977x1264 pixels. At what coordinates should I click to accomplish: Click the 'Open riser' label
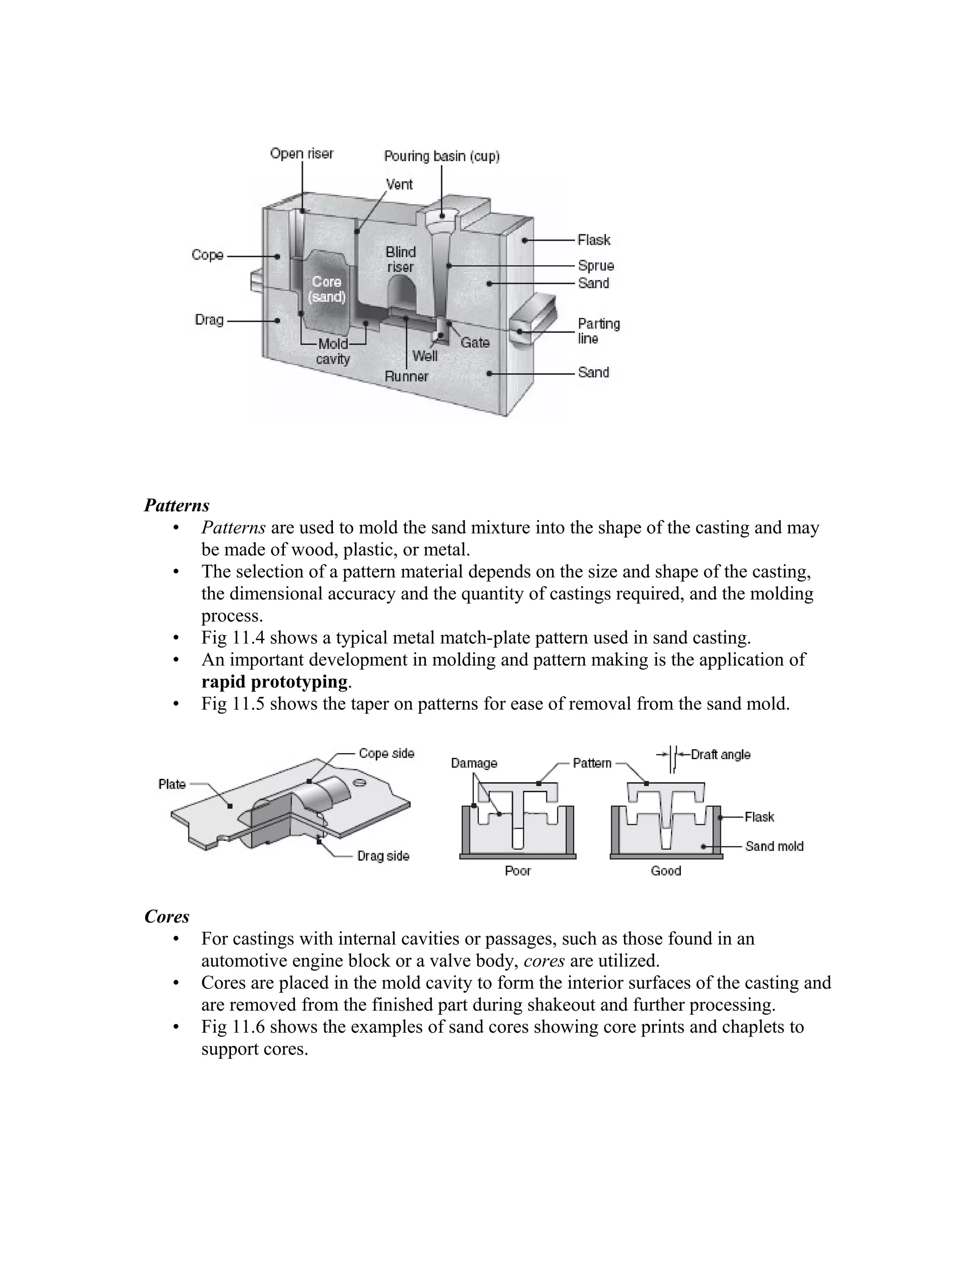tap(301, 154)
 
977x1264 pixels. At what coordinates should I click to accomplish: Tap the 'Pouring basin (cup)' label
tap(442, 156)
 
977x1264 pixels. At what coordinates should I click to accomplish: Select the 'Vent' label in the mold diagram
tap(399, 185)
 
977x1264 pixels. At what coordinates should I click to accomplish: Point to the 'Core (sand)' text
tap(326, 289)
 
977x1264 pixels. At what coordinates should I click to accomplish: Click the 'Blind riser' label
tap(401, 259)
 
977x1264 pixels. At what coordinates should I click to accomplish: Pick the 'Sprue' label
tap(595, 266)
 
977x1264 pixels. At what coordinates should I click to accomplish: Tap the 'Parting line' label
tap(599, 331)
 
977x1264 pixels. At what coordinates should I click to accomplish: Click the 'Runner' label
tap(406, 377)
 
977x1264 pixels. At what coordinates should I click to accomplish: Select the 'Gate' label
tap(475, 342)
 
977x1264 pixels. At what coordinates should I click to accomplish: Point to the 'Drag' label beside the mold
tap(209, 320)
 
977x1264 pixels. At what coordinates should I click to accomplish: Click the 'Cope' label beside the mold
tap(207, 255)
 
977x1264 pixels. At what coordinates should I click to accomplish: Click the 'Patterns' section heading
tap(177, 505)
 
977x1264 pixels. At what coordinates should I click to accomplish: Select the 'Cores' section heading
tap(166, 917)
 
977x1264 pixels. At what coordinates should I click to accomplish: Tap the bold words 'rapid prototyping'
tap(274, 682)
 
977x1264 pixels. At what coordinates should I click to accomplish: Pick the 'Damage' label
tap(473, 763)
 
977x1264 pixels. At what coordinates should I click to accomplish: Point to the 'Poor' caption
tap(518, 871)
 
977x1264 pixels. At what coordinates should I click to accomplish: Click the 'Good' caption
tap(665, 871)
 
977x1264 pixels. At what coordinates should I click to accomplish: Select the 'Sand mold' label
tap(774, 847)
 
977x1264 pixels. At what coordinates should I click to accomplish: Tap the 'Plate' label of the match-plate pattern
tap(172, 784)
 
